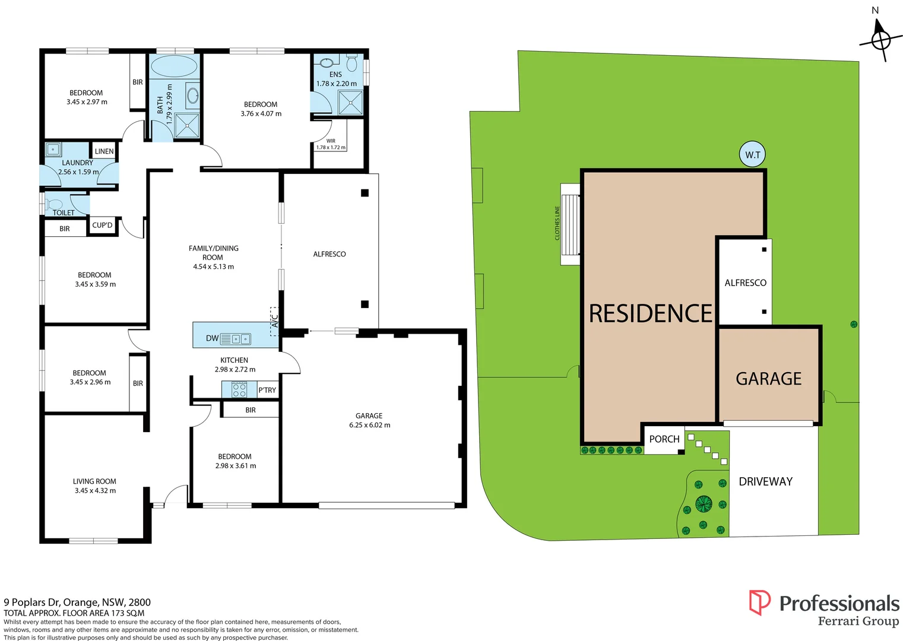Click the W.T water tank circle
(x=753, y=155)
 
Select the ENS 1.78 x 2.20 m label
(x=336, y=79)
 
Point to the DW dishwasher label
(x=212, y=338)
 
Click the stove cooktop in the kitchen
(x=239, y=390)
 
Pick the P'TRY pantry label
(x=267, y=390)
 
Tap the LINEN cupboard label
(x=104, y=151)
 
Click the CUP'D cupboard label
(x=102, y=226)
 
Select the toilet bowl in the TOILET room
(x=55, y=205)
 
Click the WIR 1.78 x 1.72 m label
(x=331, y=144)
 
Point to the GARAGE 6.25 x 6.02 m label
(x=369, y=420)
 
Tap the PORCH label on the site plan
(x=664, y=439)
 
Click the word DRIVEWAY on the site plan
(x=765, y=481)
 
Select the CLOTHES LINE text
(x=557, y=223)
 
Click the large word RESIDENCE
(x=650, y=313)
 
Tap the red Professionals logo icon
(x=759, y=602)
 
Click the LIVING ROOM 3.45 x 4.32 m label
(x=95, y=486)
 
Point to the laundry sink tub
(x=53, y=150)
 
